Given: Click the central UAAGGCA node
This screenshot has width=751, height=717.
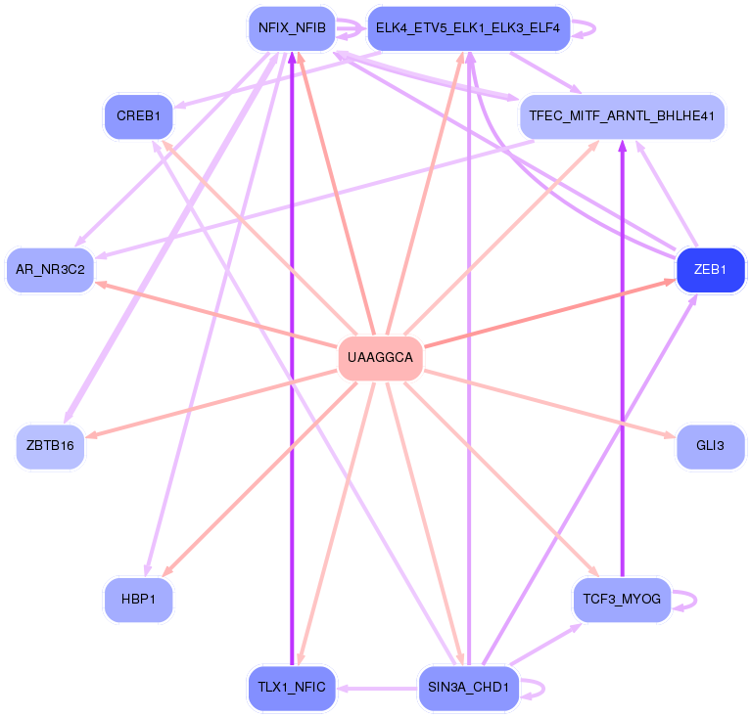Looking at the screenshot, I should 381,358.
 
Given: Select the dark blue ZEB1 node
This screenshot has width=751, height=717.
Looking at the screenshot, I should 711,270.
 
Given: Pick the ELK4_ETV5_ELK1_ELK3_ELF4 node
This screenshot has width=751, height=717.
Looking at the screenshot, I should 467,28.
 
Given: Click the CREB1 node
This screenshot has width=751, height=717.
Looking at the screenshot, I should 138,116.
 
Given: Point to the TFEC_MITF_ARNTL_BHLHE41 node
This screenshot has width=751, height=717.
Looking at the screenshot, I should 622,116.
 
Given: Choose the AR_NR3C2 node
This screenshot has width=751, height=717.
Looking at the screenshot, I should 51,269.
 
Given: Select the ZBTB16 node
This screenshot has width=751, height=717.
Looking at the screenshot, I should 51,446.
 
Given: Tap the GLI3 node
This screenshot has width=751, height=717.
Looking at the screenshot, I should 710,446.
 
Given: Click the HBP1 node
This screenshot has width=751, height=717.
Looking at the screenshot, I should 138,599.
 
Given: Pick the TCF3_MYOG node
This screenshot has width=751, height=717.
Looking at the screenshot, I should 622,599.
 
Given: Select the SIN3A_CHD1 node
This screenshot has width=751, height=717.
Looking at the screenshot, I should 468,687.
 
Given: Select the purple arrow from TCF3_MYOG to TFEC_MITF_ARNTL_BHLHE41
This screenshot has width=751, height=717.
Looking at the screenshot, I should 622,372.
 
